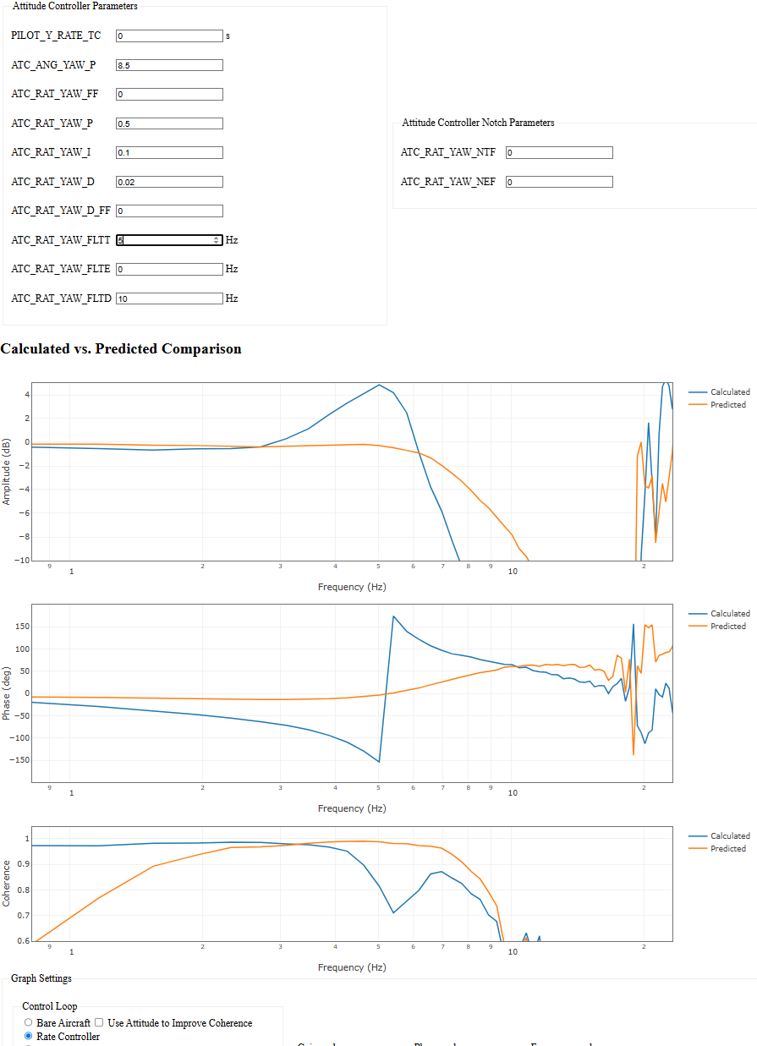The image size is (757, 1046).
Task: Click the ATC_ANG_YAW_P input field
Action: (x=169, y=65)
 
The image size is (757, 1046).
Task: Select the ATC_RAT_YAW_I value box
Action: (x=169, y=153)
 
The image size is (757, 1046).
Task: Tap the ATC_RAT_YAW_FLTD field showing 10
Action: (x=169, y=298)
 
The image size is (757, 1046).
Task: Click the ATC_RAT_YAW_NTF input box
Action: (x=559, y=153)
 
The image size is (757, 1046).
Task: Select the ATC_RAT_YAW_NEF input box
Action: (x=559, y=182)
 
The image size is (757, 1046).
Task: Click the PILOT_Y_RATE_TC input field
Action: (x=169, y=36)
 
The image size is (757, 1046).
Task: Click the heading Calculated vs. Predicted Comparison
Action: (x=121, y=349)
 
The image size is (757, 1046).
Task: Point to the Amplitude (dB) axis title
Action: (x=8, y=472)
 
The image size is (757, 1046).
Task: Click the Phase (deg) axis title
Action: (x=8, y=693)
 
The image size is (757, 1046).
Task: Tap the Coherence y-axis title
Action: (x=8, y=884)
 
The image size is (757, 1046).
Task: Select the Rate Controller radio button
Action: (x=29, y=1036)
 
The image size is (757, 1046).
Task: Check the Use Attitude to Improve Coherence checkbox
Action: (x=99, y=1023)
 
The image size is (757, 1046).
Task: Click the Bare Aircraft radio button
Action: (x=29, y=1023)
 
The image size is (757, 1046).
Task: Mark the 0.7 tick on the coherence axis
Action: (x=21, y=916)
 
